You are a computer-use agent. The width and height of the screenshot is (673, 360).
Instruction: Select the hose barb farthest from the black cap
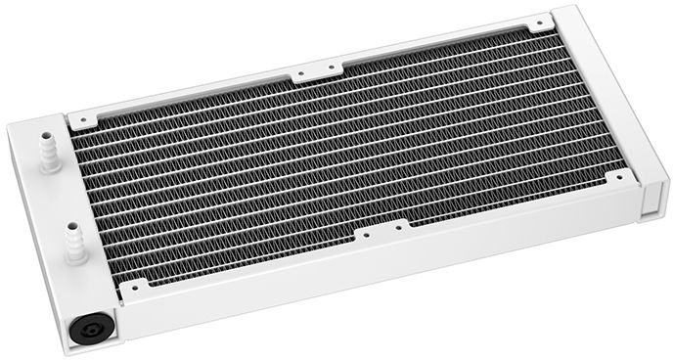pos(47,152)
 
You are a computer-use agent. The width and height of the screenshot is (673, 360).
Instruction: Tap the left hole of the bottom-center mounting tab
pos(365,236)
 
